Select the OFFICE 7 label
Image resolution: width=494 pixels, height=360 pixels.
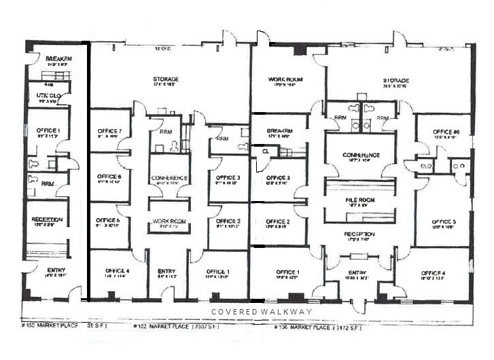pyautogui.click(x=109, y=131)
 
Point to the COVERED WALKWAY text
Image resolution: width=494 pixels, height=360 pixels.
pyautogui.click(x=262, y=312)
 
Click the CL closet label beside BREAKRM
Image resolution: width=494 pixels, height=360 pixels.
pyautogui.click(x=265, y=152)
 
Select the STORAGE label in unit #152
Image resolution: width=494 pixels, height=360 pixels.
pyautogui.click(x=166, y=79)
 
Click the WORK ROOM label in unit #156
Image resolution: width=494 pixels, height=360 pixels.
pyautogui.click(x=285, y=79)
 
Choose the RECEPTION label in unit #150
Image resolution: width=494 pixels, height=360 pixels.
pyautogui.click(x=47, y=219)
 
